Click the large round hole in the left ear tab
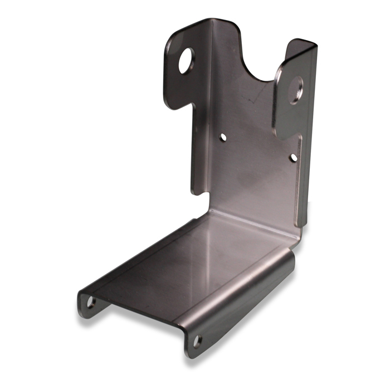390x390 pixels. (x=186, y=60)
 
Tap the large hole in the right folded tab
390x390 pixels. (x=295, y=90)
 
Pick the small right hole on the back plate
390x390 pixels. (x=294, y=158)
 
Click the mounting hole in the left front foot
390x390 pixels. (x=91, y=303)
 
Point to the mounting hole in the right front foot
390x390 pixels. (x=197, y=340)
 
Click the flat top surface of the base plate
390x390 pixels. (x=189, y=262)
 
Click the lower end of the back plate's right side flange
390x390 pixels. (x=301, y=223)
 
